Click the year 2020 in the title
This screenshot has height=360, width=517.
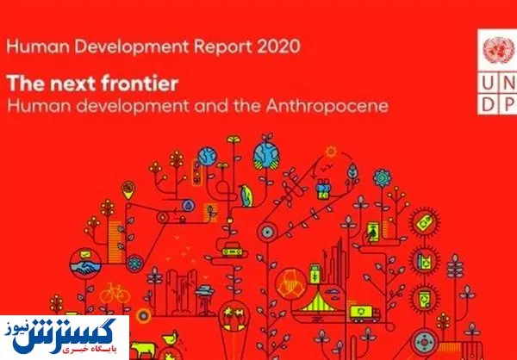(x=278, y=47)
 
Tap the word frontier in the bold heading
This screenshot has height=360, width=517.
(x=140, y=84)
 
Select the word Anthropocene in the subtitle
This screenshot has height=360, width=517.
(x=327, y=106)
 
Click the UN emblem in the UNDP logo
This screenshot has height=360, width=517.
(x=498, y=50)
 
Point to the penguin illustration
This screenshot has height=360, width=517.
(x=246, y=196)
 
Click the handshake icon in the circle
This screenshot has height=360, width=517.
(x=85, y=264)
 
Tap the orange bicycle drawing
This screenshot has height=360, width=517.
(x=115, y=293)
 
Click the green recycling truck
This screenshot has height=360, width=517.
(x=365, y=313)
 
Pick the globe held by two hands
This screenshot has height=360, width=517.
(x=266, y=156)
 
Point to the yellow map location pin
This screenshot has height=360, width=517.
(x=128, y=189)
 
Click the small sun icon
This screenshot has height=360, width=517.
(x=331, y=152)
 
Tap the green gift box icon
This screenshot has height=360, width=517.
(x=323, y=189)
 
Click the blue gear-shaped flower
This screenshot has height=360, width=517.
(x=382, y=178)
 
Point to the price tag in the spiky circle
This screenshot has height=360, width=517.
(x=424, y=221)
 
